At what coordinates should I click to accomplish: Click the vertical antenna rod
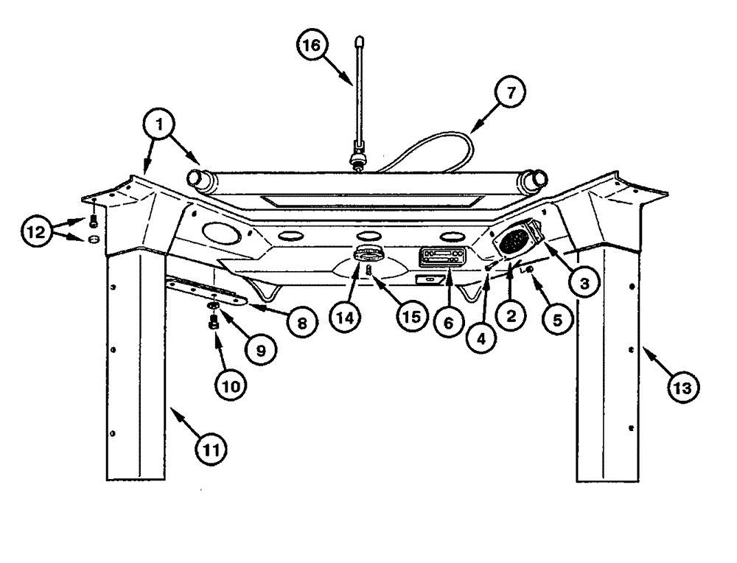click(359, 96)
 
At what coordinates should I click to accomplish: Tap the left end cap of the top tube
click(197, 178)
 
